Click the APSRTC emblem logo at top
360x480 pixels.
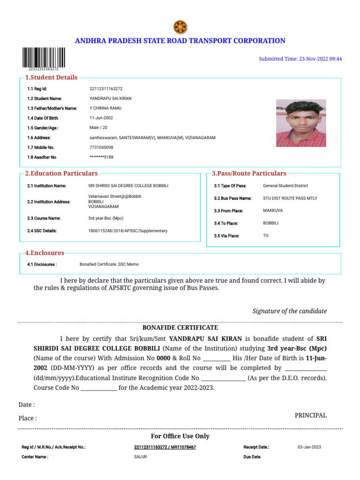coord(180,27)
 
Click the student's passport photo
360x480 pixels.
coord(301,123)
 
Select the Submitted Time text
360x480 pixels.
coord(300,59)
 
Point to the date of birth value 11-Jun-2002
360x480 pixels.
coord(101,118)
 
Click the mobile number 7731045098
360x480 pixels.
coord(101,147)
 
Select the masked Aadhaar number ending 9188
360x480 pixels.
coord(101,157)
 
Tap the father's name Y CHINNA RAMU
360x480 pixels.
coord(105,108)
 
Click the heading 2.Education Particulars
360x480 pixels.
coord(61,173)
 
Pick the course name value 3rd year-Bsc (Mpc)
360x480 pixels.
coord(106,218)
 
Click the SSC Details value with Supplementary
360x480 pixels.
coord(127,231)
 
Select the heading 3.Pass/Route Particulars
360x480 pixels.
coord(249,173)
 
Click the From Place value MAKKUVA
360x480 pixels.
coord(273,211)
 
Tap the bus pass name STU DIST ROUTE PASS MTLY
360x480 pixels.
coord(290,198)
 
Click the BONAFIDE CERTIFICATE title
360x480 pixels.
coord(180,328)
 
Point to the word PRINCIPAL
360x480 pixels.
coord(310,415)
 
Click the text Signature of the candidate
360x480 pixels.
coord(289,311)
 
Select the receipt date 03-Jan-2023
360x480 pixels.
coord(309,447)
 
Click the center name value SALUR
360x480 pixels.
coord(140,457)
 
